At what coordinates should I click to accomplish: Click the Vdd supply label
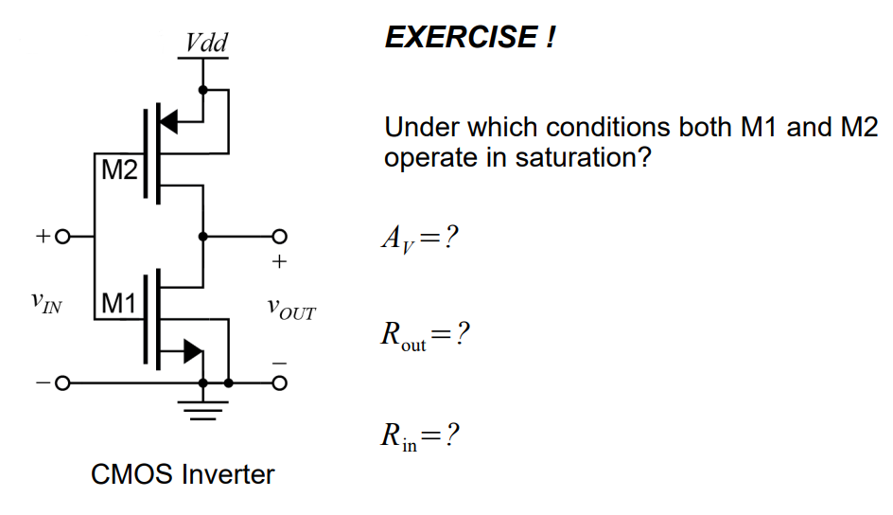206,43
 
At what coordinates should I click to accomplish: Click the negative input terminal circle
62,383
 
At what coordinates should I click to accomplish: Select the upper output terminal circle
279,236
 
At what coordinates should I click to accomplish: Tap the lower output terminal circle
279,383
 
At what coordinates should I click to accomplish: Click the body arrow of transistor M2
168,120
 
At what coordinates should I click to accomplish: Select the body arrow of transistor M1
192,350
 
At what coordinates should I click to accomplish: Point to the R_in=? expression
420,436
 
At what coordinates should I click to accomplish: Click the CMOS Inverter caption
183,473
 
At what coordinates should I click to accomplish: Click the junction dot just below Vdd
202,90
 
